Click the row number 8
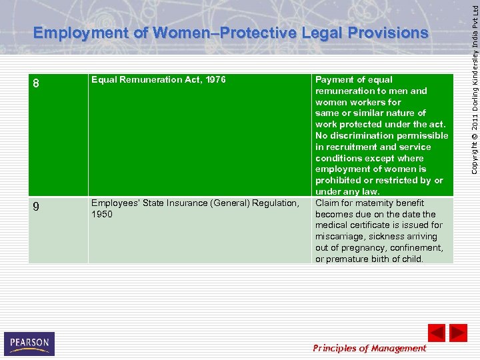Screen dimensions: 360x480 37,84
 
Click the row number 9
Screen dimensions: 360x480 37,207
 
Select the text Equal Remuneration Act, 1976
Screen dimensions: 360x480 159,79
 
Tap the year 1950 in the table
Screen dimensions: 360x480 102,214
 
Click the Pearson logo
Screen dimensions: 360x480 29,344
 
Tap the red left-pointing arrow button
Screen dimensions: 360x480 436,333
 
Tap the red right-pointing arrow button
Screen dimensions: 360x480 458,333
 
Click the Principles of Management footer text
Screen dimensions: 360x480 369,347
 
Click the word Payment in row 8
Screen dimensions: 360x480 335,79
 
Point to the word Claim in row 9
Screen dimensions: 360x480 327,203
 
